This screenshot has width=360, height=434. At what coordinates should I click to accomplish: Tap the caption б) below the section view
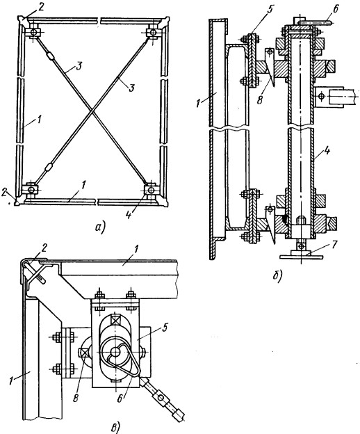point(277,277)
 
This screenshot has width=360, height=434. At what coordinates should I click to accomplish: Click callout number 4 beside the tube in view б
point(327,152)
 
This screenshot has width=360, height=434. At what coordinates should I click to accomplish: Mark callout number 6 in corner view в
point(120,399)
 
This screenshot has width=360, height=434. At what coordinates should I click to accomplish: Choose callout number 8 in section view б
point(260,99)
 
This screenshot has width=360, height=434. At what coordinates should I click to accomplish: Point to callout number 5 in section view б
point(270,9)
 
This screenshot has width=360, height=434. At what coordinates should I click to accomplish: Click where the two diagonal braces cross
point(91,111)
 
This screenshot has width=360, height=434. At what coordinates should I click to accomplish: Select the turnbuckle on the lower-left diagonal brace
point(49,168)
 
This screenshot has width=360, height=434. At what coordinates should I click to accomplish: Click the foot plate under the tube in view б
point(301,257)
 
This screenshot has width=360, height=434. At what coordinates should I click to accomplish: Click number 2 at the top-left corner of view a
point(41,7)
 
